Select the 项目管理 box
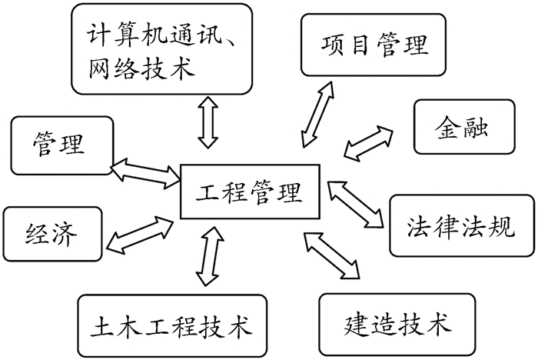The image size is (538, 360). pyautogui.click(x=374, y=45)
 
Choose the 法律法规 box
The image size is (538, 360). pyautogui.click(x=461, y=226)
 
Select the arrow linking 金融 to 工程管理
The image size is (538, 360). pyautogui.click(x=367, y=143)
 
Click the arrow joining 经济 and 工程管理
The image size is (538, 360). pyautogui.click(x=139, y=234)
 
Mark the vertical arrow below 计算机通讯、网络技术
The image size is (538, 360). pyautogui.click(x=207, y=121)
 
